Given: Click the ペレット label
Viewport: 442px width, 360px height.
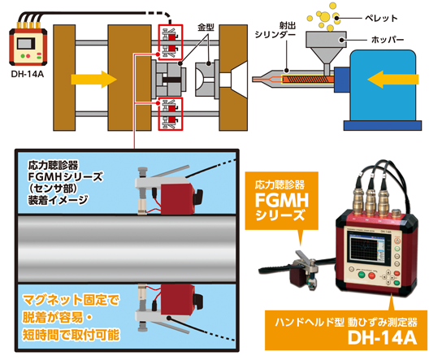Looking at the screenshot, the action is coord(381,19).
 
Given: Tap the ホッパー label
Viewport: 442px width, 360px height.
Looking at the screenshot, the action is coord(388,40).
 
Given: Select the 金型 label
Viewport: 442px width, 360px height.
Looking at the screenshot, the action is coord(206,28).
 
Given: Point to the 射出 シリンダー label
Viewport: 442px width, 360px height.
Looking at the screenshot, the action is coord(275,30).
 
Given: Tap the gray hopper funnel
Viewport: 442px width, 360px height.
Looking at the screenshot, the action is coord(326,47).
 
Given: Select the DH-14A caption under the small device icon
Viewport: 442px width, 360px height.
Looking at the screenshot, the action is coord(28,74).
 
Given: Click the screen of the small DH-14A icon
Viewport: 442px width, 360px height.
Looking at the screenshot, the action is coord(26,44).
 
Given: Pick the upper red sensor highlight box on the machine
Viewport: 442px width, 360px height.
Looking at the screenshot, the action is coord(171,42).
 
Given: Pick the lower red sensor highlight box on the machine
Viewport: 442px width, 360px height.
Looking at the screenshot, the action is coord(171,114).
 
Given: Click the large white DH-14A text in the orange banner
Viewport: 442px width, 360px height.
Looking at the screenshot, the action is coord(382,337).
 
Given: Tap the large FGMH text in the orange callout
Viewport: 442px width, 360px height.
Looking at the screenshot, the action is coord(282,201).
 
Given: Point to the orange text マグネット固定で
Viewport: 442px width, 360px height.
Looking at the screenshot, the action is coord(71,300).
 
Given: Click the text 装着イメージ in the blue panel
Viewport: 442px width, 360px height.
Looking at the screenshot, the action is coord(58,200).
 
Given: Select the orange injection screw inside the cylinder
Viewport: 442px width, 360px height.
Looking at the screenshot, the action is coord(308,79).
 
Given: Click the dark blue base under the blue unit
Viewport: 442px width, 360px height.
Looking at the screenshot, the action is coord(383,125).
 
